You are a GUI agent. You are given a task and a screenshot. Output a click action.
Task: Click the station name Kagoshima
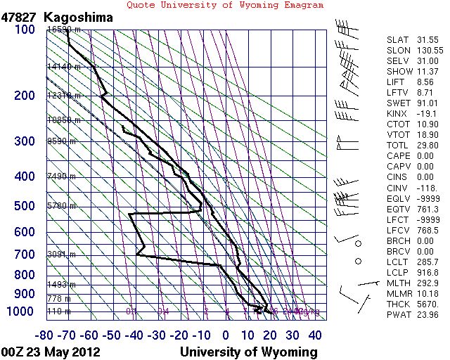(x=77, y=16)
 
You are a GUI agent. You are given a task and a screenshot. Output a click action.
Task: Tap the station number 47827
(x=20, y=16)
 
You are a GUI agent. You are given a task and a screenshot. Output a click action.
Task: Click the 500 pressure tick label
(x=23, y=206)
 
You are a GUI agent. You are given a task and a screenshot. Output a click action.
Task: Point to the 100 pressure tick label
(x=23, y=30)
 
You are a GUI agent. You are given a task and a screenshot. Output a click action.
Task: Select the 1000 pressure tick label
(x=20, y=311)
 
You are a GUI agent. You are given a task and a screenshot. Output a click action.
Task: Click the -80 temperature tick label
(x=46, y=335)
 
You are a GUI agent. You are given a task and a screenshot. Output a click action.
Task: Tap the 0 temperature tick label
(x=226, y=335)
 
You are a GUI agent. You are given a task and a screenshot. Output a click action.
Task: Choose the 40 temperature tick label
(x=314, y=335)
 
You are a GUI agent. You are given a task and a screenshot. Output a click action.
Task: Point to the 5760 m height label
(x=61, y=206)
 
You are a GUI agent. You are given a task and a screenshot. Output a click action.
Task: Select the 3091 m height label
(x=61, y=255)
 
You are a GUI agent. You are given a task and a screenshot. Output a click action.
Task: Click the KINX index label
(x=398, y=113)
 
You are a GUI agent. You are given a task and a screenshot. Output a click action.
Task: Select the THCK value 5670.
(x=428, y=303)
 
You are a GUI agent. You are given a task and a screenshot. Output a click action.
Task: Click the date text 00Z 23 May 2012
(x=51, y=352)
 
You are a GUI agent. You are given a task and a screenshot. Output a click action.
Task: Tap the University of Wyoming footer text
(x=249, y=352)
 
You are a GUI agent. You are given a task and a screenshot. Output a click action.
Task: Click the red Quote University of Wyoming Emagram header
(x=225, y=5)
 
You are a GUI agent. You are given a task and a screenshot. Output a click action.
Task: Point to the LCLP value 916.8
(x=428, y=271)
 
